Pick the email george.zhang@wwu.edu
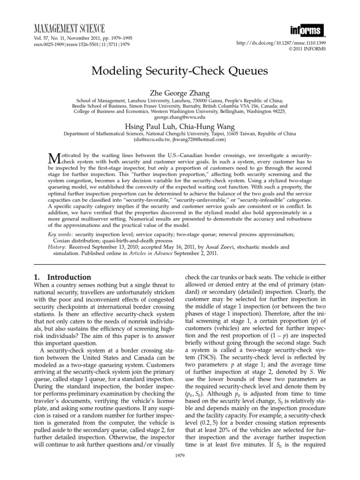[180, 118]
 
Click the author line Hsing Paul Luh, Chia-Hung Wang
[180, 127]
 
